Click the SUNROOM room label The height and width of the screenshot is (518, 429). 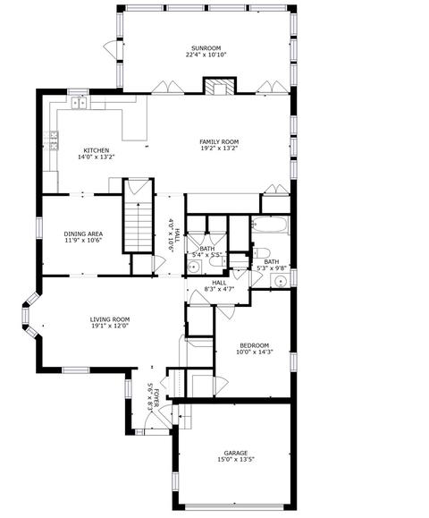pos(206,48)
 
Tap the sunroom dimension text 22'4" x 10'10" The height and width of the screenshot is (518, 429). pos(206,55)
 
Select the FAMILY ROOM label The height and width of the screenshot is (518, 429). pos(219,142)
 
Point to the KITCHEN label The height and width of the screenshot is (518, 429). pos(96,150)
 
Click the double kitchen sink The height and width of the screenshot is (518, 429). pos(80,103)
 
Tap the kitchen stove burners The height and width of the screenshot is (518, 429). pos(52,140)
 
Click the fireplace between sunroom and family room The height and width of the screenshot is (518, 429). pos(220,87)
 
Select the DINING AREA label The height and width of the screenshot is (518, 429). pos(83,234)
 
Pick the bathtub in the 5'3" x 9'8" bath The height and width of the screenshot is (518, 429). pos(271,225)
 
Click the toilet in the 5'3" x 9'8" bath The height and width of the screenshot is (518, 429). pos(261,253)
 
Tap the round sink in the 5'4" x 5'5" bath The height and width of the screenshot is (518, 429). pos(194,267)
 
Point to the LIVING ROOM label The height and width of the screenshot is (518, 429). pos(110,319)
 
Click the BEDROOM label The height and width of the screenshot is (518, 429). pos(255,345)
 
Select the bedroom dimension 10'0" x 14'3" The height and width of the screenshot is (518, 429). pos(255,352)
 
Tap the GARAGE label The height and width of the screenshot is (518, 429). pos(236,453)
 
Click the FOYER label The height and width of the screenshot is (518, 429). pos(156,398)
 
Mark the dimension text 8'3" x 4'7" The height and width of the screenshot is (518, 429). pos(219,289)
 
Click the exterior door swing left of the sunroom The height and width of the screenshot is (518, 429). pos(110,48)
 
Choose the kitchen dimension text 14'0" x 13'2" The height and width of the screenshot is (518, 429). pos(96,157)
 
